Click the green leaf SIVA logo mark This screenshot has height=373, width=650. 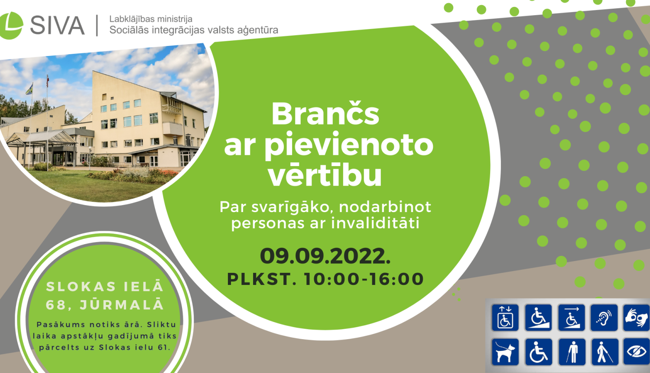tap(11, 25)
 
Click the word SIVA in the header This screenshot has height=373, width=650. tap(57, 25)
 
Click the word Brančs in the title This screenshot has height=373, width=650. tap(325, 114)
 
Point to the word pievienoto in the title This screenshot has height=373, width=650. tap(349, 145)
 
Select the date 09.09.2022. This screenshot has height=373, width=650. tap(325, 256)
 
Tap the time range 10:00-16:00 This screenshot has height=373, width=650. tap(364, 279)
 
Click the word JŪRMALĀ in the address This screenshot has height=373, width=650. tap(122, 305)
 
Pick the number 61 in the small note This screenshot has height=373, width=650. tap(163, 347)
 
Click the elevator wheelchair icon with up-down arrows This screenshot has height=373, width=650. tap(505, 318)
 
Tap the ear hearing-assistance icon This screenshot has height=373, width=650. tap(604, 318)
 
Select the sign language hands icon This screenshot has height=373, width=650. tap(636, 318)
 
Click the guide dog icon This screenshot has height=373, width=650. tap(505, 352)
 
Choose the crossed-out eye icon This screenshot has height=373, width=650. tap(636, 352)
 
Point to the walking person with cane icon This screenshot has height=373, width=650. tap(604, 352)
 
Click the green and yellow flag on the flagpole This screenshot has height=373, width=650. tap(29, 89)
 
